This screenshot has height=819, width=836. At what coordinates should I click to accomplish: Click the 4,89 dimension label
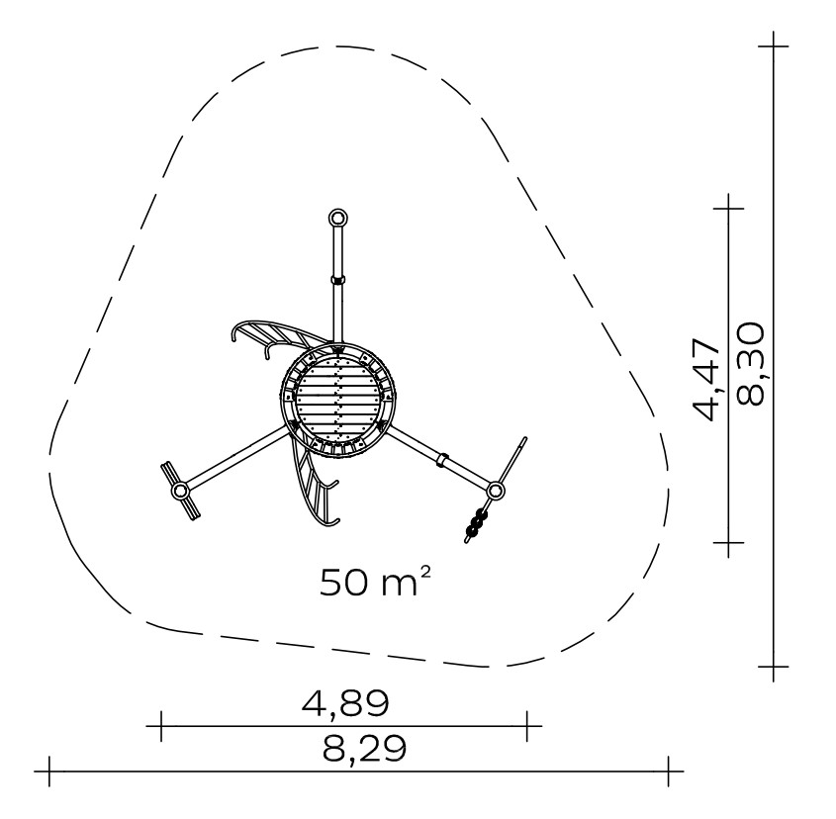pyautogui.click(x=345, y=703)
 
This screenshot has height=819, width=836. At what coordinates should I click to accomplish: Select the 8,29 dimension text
pyautogui.click(x=364, y=749)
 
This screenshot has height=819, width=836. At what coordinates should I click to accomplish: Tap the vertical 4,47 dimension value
pyautogui.click(x=706, y=379)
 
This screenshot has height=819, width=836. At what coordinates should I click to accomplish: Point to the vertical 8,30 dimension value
pyautogui.click(x=750, y=365)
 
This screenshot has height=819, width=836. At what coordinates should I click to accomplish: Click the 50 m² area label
pyautogui.click(x=375, y=582)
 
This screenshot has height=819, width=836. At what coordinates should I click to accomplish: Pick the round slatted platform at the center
pyautogui.click(x=338, y=399)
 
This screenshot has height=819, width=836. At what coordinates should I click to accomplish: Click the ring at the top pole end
pyautogui.click(x=337, y=218)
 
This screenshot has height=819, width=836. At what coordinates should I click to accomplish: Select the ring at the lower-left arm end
pyautogui.click(x=180, y=490)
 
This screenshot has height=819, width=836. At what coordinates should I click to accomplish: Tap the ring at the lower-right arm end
pyautogui.click(x=496, y=490)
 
